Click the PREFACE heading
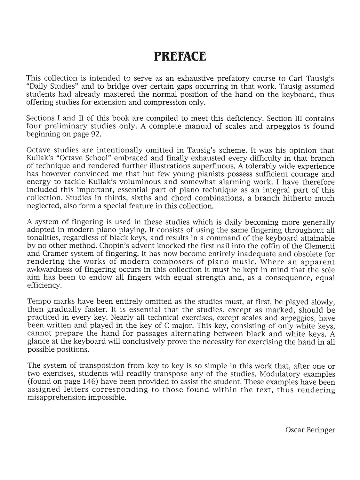pos(180,56)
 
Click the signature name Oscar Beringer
pos(310,430)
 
